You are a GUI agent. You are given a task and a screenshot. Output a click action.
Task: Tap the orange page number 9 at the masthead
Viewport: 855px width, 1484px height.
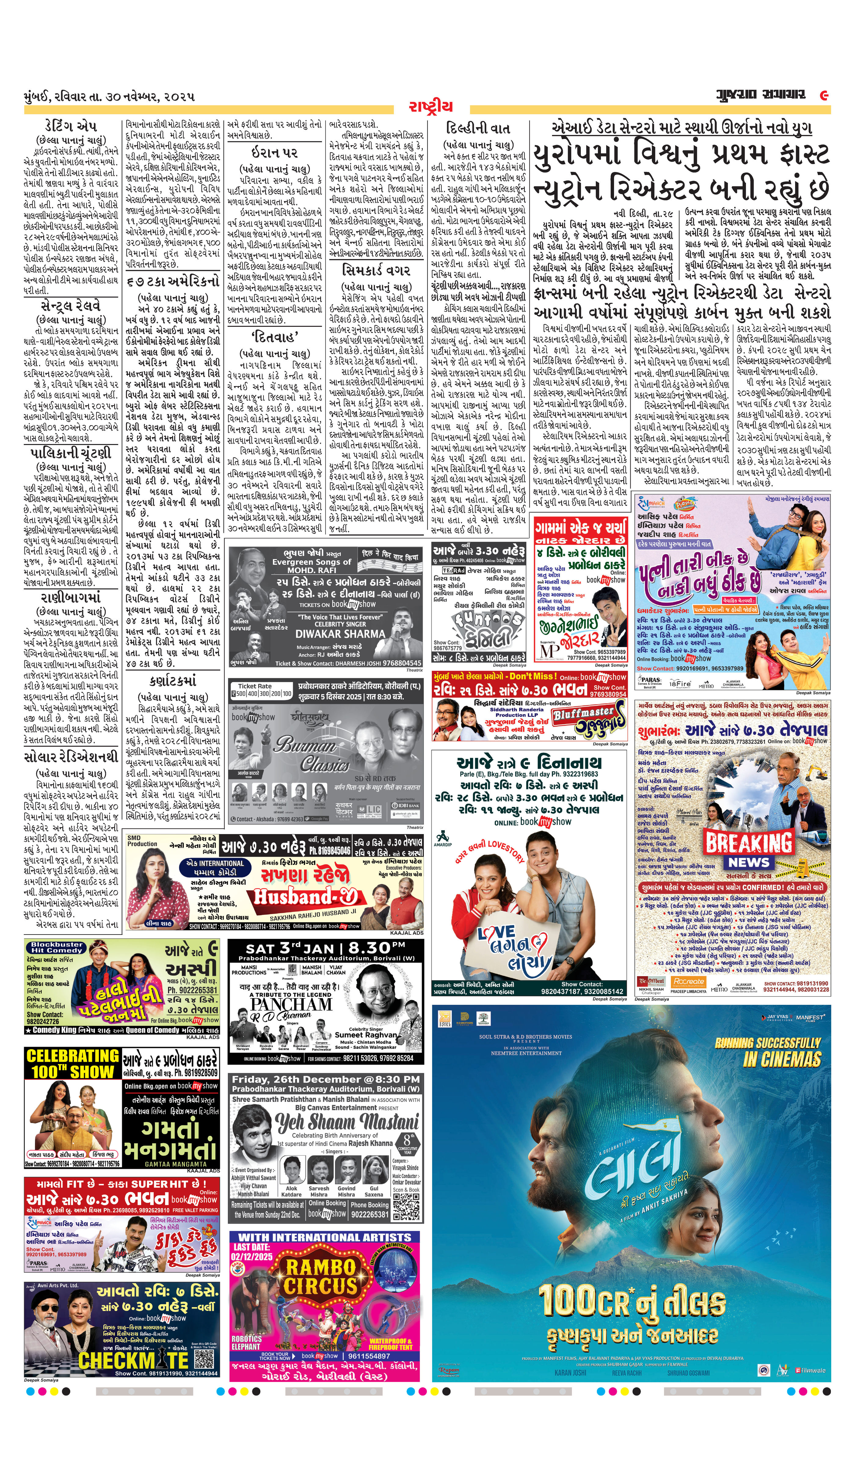[824, 95]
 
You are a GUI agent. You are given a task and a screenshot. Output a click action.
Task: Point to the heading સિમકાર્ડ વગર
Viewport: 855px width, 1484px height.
[377, 271]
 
